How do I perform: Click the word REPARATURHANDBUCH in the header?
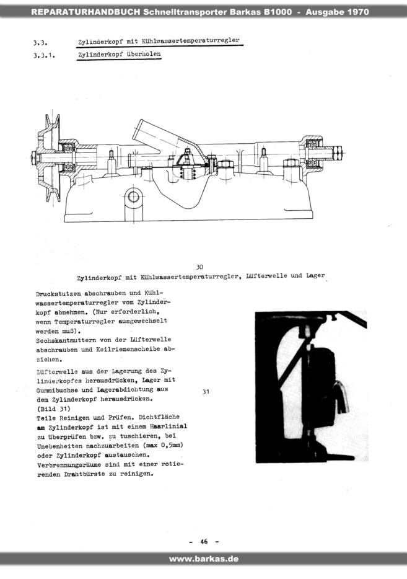click(85, 12)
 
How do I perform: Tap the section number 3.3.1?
click(44, 56)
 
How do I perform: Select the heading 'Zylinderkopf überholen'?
click(119, 55)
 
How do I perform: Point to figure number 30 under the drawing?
click(199, 267)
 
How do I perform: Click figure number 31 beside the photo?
click(206, 391)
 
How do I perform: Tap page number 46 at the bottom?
click(204, 541)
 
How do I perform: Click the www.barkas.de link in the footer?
click(203, 559)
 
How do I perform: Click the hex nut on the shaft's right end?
click(337, 152)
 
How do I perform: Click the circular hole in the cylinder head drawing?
click(133, 197)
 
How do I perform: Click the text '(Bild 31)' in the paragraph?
click(53, 409)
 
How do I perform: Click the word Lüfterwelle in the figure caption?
click(266, 275)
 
